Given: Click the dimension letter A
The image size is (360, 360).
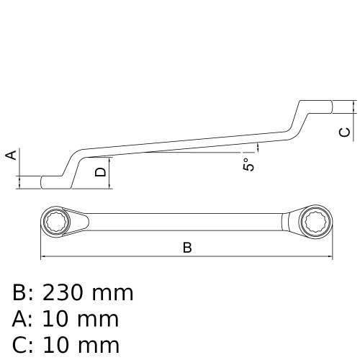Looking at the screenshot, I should coord(10,156).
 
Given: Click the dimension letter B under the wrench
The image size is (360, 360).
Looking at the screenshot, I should coord(187,248).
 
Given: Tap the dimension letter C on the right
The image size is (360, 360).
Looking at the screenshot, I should coord(345,132).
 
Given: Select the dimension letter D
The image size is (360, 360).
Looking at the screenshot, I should coord(101,171).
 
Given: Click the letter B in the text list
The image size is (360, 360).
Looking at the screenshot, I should coord(21,293).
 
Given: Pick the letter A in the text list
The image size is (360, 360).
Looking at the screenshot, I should coord(21,319).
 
